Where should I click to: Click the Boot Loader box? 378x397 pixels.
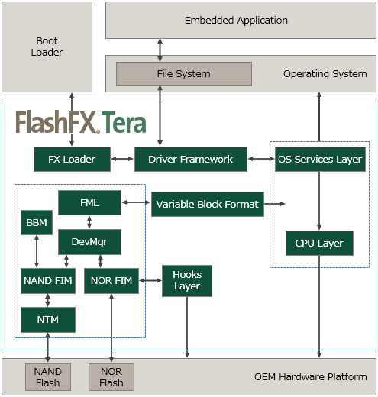click(47, 47)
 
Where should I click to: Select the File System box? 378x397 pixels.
click(184, 73)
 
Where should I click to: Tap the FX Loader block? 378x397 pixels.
click(72, 159)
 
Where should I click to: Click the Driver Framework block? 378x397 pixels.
click(191, 159)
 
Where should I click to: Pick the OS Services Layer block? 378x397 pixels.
click(320, 159)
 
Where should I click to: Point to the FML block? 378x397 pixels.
click(89, 203)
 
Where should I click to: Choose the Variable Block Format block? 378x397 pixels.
click(208, 204)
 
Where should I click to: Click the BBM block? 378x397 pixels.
click(37, 222)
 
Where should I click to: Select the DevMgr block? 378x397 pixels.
click(89, 242)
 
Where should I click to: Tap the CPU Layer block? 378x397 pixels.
click(319, 243)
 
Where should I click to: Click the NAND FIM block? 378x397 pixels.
click(48, 281)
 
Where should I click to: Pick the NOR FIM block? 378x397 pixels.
click(111, 281)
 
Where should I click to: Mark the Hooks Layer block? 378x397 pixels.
click(187, 281)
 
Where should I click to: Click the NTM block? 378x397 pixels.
click(48, 320)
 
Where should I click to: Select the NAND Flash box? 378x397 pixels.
click(48, 377)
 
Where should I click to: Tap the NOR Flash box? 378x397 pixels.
click(111, 377)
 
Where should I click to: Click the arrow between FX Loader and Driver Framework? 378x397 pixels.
click(122, 159)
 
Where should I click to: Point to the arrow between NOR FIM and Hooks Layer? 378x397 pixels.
click(150, 280)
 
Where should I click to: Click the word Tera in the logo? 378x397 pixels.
click(124, 123)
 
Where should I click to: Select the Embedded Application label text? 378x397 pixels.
click(236, 21)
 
